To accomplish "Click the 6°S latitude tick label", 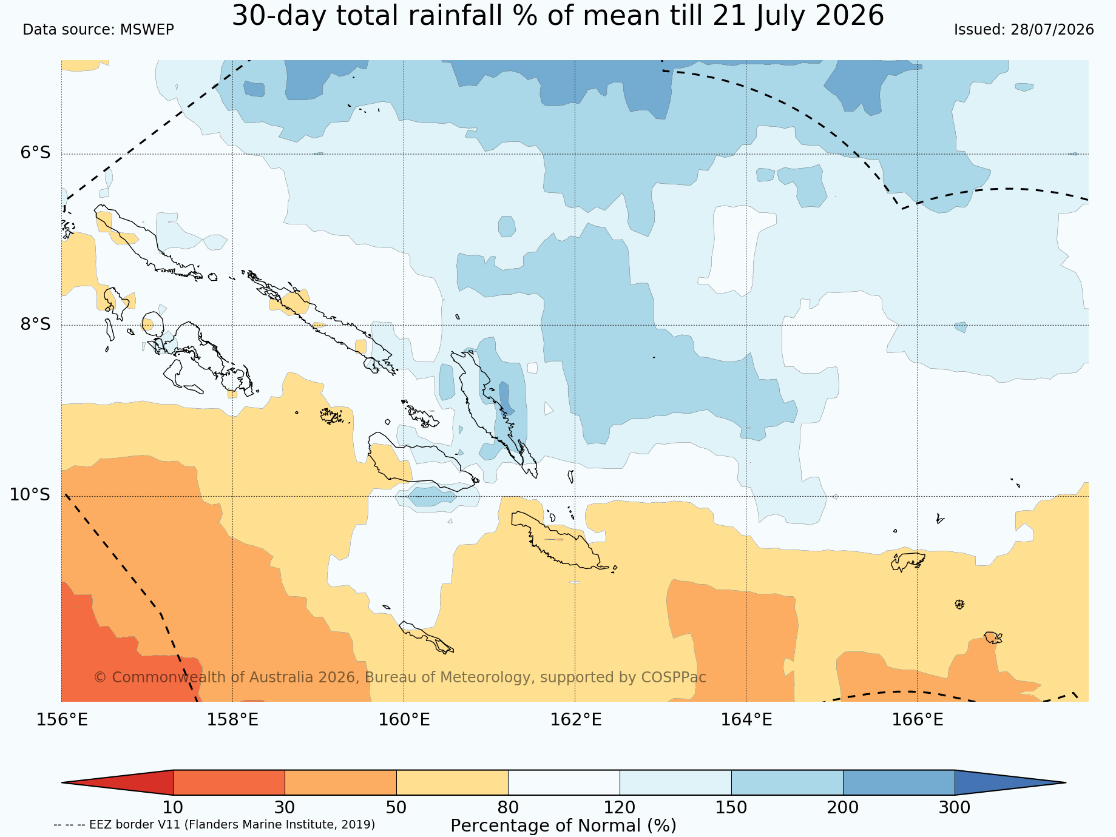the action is point(36,153).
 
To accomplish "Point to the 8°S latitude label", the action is point(36,324).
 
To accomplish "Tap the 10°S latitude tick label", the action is point(30,495).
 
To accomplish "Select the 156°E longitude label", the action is point(62,720).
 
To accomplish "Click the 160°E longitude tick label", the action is point(404,720).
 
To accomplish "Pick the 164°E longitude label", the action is point(746,720).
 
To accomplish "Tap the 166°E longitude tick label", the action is point(918,720).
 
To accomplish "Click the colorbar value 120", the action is point(620,808).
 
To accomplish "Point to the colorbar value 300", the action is point(955,808).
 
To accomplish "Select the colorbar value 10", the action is point(173,808).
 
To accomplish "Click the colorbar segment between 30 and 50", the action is point(340,782).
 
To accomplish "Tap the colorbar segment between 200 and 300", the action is point(899,782).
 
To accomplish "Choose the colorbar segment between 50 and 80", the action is point(452,782).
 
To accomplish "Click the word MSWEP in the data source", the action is point(147,30).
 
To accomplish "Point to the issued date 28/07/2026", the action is point(1052,30).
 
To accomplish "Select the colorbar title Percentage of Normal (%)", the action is point(563,826).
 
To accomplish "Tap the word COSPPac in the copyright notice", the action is point(674,677).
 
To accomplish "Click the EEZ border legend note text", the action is point(214,825).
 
